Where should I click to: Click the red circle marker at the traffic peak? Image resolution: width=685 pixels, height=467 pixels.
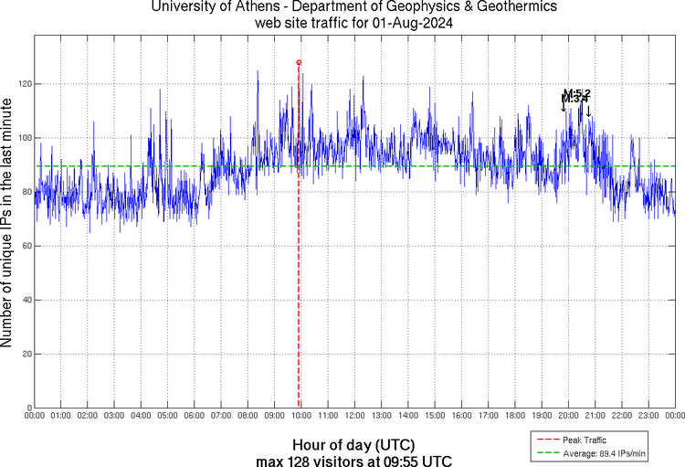[299, 62]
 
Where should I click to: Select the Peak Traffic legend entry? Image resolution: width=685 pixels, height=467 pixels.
[582, 440]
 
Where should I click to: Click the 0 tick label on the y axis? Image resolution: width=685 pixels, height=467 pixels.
[28, 408]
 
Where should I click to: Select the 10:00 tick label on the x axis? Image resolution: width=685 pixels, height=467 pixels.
[300, 416]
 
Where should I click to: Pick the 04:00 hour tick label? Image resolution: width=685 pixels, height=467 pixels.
[141, 416]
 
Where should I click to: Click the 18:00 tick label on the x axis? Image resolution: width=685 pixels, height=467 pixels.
[514, 416]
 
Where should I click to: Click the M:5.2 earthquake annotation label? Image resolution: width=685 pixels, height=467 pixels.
[578, 93]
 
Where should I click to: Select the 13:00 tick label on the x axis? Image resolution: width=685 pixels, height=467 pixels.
[381, 416]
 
